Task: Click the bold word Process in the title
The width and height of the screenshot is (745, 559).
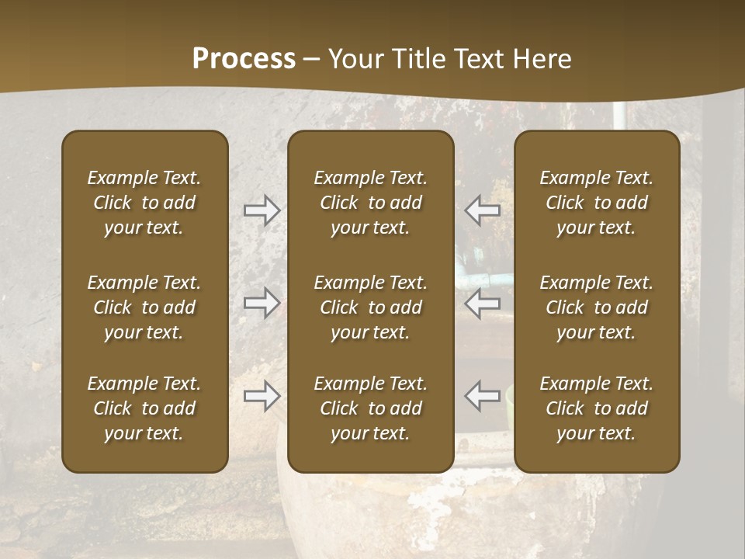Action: coord(244,59)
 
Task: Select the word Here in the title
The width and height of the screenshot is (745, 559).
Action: coord(542,59)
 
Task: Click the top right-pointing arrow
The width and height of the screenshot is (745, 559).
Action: coord(262,210)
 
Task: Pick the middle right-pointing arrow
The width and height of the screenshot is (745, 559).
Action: coord(262,303)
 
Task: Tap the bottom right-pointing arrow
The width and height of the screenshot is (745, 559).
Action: coord(262,396)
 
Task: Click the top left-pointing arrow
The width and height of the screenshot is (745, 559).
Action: coord(482,210)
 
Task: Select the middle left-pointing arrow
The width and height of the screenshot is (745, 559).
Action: coord(482,303)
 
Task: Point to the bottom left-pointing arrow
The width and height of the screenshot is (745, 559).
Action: coord(482,396)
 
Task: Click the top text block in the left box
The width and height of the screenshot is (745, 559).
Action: coord(144,203)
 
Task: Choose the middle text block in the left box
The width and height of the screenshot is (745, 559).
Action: coord(144,307)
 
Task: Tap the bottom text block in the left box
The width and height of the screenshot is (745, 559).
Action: coord(144,408)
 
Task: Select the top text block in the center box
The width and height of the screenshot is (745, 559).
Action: coord(370,203)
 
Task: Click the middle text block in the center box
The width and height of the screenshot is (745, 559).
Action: coord(370,307)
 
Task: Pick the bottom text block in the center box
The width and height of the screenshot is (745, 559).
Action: coord(370,408)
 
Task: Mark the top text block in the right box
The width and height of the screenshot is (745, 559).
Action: coord(597,203)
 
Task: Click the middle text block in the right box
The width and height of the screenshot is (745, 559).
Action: coord(597,307)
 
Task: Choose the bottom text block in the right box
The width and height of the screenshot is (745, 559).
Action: coord(597,408)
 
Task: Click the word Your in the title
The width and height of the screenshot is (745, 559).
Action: coord(353,59)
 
